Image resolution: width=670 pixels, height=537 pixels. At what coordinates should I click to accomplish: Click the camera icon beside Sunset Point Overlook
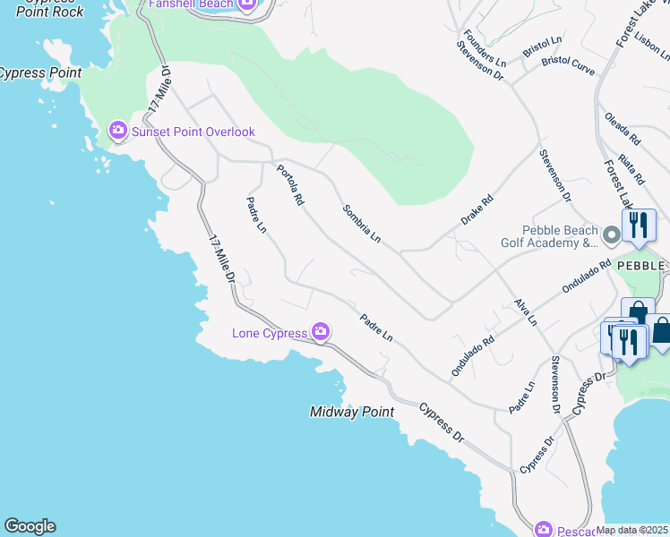tap(117, 132)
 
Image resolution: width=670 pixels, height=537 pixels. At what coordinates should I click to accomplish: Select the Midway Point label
tap(352, 413)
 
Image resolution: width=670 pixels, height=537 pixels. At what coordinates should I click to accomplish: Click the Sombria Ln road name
tap(362, 224)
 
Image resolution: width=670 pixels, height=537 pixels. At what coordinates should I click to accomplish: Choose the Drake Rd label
tap(477, 211)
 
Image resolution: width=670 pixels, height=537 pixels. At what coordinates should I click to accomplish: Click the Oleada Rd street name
tap(623, 130)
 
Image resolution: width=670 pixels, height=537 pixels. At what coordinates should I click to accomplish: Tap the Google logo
tap(30, 526)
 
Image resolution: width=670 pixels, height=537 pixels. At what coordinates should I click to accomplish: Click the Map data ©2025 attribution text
tap(632, 530)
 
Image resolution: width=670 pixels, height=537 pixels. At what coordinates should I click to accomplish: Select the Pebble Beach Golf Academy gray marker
tap(612, 236)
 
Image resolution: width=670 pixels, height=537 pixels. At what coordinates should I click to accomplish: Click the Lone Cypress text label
tap(270, 334)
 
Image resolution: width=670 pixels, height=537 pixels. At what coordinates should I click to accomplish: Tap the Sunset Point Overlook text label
tap(193, 132)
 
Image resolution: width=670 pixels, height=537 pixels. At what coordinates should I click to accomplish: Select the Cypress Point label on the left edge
tap(39, 73)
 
